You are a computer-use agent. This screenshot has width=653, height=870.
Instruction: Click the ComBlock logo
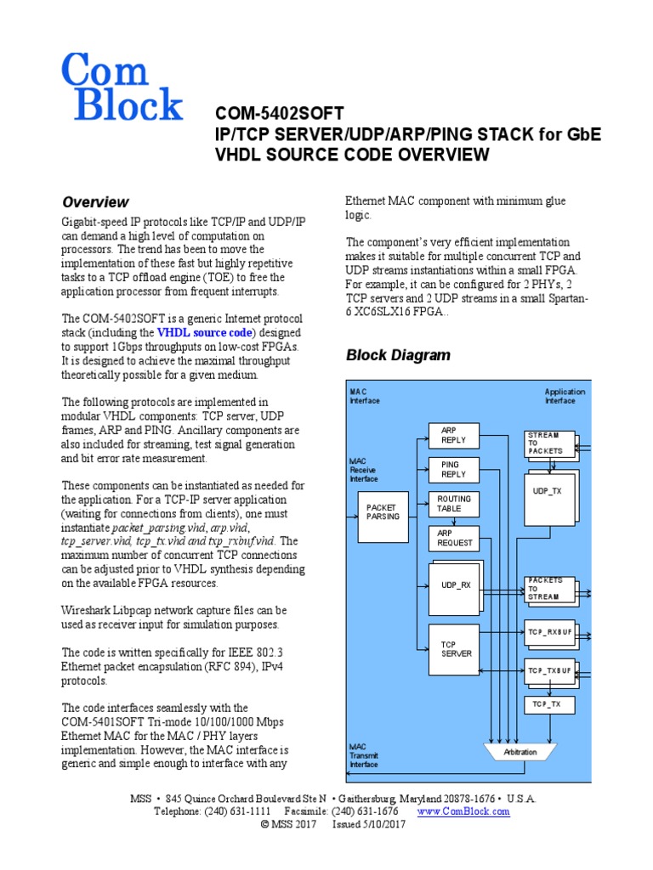122,87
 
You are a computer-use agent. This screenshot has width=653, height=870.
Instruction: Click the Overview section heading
95,202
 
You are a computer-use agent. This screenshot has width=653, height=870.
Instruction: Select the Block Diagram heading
398,355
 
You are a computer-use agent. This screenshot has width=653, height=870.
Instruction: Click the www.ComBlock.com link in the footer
463,811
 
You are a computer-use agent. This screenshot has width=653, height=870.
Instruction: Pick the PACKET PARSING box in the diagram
382,511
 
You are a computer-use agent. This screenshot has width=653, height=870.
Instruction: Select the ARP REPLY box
454,436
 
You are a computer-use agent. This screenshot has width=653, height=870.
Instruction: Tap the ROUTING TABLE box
454,505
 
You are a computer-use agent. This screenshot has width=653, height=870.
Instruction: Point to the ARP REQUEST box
454,538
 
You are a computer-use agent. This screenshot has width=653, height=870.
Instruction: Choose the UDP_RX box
456,585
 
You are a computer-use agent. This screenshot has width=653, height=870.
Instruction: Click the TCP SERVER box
454,649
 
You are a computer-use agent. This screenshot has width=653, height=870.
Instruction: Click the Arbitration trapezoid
520,753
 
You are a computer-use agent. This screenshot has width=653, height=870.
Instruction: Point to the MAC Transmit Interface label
364,754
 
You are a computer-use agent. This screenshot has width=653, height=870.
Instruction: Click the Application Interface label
559,396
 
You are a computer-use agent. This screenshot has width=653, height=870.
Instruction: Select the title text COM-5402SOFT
280,113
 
